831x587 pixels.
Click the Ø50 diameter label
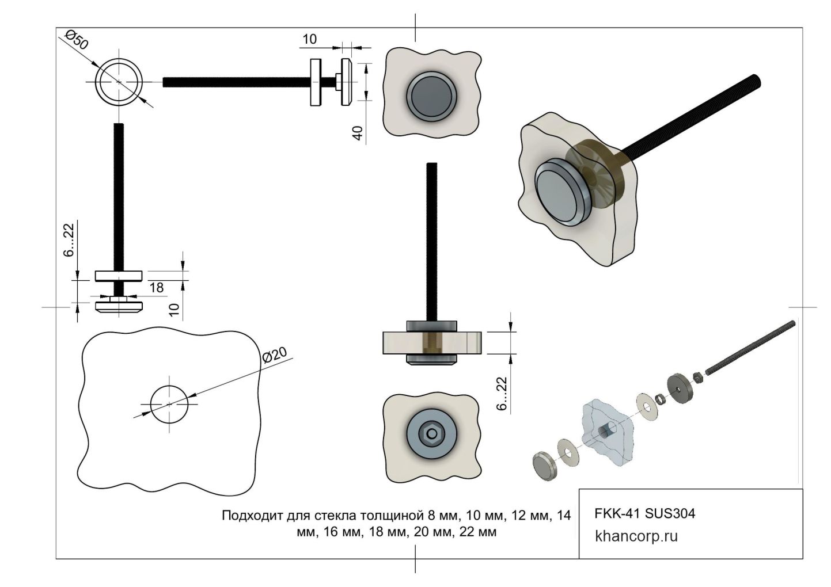[x=77, y=42]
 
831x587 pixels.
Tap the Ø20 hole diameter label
[x=275, y=357]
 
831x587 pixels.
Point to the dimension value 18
[x=156, y=288]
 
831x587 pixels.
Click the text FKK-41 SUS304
[x=644, y=513]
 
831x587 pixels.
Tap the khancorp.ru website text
[x=636, y=536]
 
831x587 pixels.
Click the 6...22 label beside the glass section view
[x=502, y=394]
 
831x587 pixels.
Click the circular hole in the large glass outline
[x=169, y=403]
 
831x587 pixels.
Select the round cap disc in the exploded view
[x=544, y=465]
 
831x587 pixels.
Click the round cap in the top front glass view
[x=431, y=95]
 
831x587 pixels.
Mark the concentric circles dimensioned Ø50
[x=119, y=82]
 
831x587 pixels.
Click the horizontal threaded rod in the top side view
[x=236, y=82]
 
